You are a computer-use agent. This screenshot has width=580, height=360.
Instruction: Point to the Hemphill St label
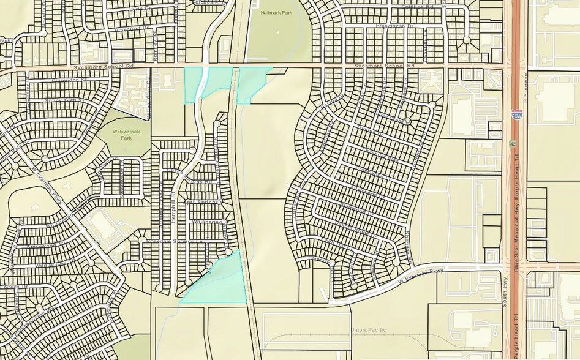[173, 202]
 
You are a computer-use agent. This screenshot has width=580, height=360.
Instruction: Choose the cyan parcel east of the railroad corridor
[250, 83]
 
